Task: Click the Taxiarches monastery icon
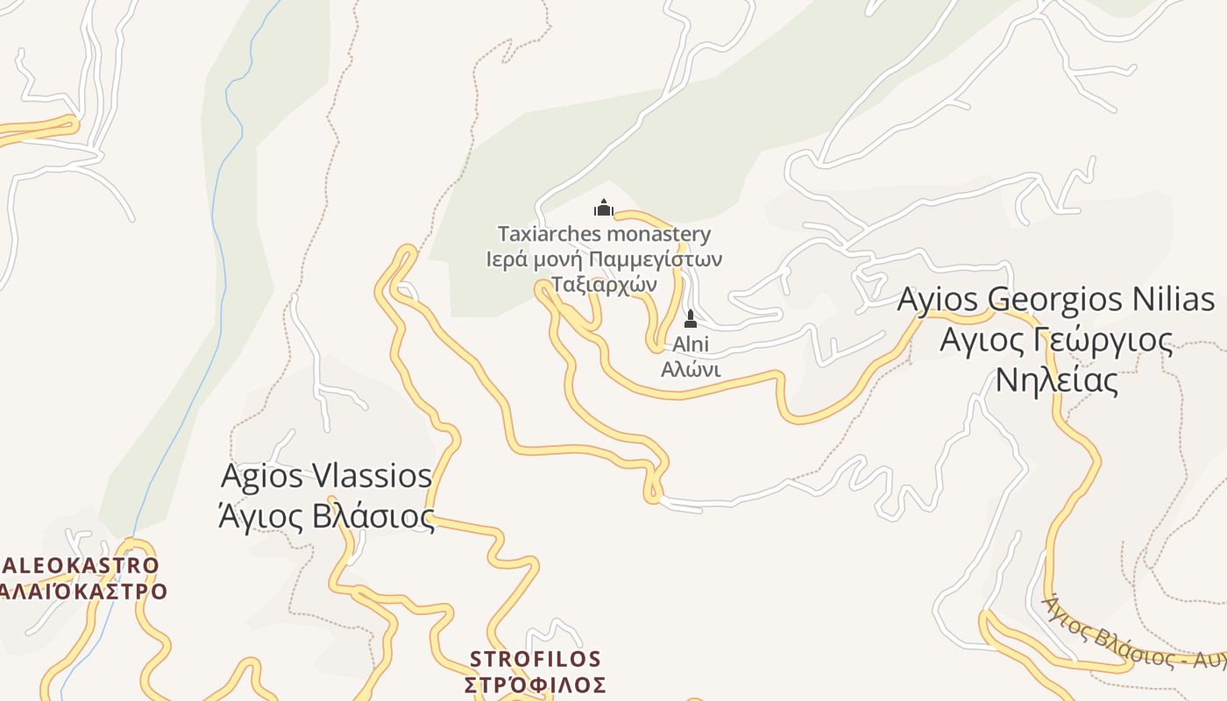603,208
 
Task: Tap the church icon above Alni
691,318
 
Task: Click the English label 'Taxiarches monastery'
604,234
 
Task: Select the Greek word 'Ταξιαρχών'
604,284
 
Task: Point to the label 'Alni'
691,344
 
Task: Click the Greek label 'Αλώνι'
691,369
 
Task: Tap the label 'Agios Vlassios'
326,476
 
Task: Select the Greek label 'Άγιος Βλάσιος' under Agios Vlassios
326,516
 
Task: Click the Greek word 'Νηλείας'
1056,380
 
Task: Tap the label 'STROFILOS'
535,659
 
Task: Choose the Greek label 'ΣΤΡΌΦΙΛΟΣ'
535,684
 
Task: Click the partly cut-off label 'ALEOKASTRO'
81,565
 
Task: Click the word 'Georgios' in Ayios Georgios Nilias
1048,299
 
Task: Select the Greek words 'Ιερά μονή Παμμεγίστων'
604,259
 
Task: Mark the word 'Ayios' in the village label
938,299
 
